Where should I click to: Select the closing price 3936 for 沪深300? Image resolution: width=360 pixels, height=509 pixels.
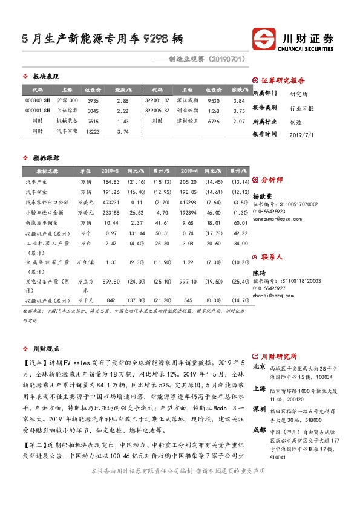pyautogui.click(x=93, y=100)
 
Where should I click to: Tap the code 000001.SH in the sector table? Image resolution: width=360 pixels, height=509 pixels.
pyautogui.click(x=37, y=111)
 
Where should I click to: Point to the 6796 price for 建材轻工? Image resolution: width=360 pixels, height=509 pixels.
pyautogui.click(x=213, y=121)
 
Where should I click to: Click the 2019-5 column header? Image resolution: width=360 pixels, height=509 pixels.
pyautogui.click(x=110, y=171)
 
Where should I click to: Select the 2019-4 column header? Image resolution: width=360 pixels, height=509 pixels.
pyautogui.click(x=189, y=171)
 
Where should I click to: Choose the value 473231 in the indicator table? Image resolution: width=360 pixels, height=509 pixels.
pyautogui.click(x=111, y=202)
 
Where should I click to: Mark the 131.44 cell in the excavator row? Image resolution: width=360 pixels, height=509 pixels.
pyautogui.click(x=136, y=233)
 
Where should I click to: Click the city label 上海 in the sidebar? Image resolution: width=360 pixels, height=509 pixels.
pyautogui.click(x=258, y=389)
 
